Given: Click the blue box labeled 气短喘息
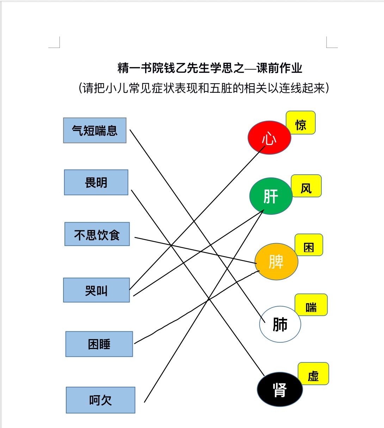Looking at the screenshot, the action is [95, 130].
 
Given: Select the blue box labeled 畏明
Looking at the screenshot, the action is [96, 182].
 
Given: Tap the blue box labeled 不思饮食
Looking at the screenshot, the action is [97, 234].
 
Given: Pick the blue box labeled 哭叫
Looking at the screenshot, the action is [97, 290].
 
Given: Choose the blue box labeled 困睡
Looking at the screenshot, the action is [99, 344].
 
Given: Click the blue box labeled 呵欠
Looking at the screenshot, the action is [100, 400].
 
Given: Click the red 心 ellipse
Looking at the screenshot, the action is [270, 138].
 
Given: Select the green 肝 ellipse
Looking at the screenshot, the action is [271, 196].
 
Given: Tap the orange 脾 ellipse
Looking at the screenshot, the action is [277, 261].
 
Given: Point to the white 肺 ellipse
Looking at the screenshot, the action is [280, 324].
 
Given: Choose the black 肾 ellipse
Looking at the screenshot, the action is [280, 389].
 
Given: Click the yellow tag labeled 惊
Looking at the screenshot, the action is [301, 122].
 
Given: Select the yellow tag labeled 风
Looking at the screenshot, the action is [306, 186].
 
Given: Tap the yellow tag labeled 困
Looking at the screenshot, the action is [309, 245].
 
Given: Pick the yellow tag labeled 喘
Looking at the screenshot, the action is [311, 305].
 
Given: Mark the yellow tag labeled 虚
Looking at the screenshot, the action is [313, 374].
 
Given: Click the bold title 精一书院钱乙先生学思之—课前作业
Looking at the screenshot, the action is [210, 68].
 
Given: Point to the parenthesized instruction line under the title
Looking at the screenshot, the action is [204, 88].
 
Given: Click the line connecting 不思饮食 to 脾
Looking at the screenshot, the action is [196, 250].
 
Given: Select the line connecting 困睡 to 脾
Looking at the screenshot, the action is [197, 307].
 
